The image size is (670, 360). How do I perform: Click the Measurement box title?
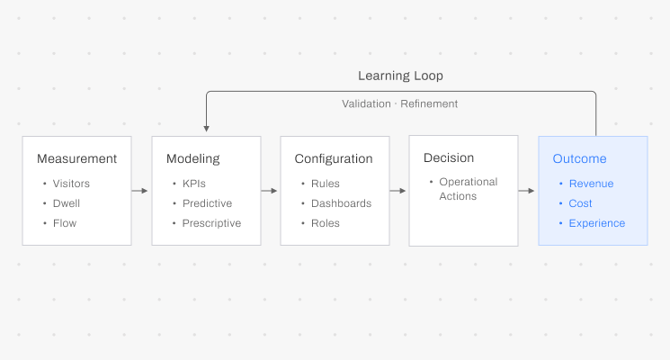(x=76, y=159)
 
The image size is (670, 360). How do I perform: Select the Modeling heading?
(x=192, y=159)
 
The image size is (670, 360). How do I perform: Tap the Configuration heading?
(x=334, y=159)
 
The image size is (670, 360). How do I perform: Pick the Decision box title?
(x=449, y=158)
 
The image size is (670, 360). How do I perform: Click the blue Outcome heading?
(x=579, y=159)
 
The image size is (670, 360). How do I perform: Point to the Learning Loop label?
(x=400, y=76)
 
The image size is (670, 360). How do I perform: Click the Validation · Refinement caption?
(x=400, y=104)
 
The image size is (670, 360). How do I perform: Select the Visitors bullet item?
(x=71, y=184)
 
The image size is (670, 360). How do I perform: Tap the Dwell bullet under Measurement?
(x=66, y=203)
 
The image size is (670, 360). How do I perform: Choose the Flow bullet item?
(x=64, y=223)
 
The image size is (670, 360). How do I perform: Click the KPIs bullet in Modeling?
(x=194, y=184)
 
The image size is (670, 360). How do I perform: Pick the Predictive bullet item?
(x=207, y=203)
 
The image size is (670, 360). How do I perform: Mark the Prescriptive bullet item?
(x=211, y=223)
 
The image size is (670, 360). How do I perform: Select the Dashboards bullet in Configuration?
(x=341, y=203)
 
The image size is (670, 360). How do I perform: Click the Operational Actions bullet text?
(x=468, y=189)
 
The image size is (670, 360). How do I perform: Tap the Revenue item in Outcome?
(x=591, y=184)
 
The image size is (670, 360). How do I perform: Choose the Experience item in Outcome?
(x=596, y=223)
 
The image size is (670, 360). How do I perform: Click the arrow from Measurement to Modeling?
(x=140, y=191)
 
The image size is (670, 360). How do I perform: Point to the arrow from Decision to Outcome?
(x=527, y=191)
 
